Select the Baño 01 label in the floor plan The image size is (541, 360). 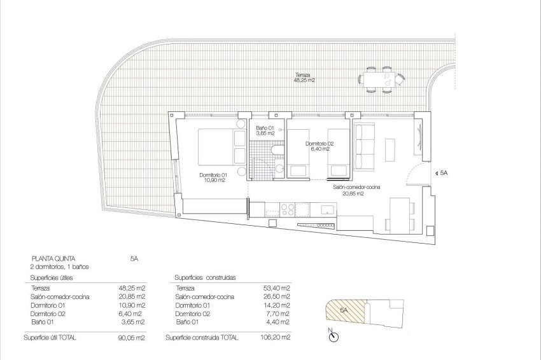pos(264,130)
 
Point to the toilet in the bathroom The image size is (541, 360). pos(277,150)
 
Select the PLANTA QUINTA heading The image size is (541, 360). pos(54,259)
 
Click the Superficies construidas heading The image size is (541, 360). pos(206,278)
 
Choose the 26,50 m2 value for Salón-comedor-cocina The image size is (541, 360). pos(278,296)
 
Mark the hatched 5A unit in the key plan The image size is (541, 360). pos(344,310)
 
